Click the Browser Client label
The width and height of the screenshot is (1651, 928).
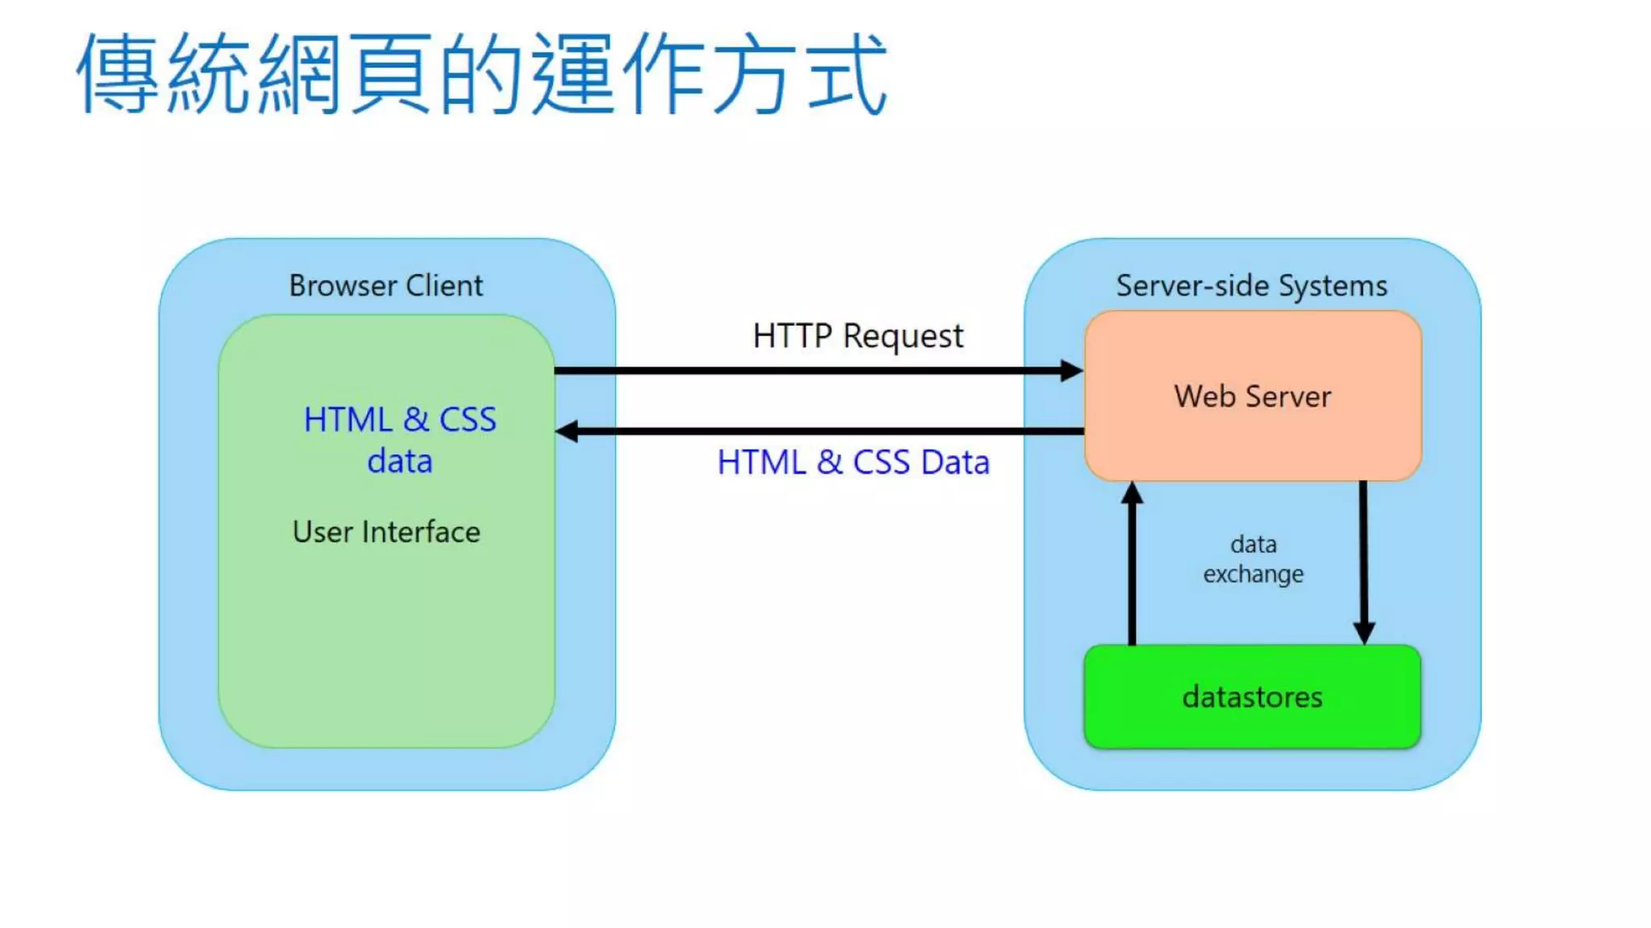(385, 286)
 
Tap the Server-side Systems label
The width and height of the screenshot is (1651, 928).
(1251, 286)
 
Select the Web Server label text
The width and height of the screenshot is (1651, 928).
(1252, 396)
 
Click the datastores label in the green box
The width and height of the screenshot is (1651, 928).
(1252, 697)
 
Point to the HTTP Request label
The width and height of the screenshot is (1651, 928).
(857, 336)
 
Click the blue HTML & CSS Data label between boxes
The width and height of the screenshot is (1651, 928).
(853, 462)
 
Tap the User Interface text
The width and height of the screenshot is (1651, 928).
(386, 532)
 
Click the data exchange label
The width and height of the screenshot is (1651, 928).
(1253, 559)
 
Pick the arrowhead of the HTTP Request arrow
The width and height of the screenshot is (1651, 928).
(1071, 371)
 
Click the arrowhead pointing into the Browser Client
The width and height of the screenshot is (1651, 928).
(568, 432)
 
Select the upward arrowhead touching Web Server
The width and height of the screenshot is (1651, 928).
(1132, 493)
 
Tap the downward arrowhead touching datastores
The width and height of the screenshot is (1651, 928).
(1363, 632)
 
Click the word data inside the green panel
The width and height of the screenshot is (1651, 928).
(400, 462)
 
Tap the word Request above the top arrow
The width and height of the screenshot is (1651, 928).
(903, 336)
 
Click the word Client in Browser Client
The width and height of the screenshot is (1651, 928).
(443, 286)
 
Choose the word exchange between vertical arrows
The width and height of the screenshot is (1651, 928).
(1253, 574)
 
